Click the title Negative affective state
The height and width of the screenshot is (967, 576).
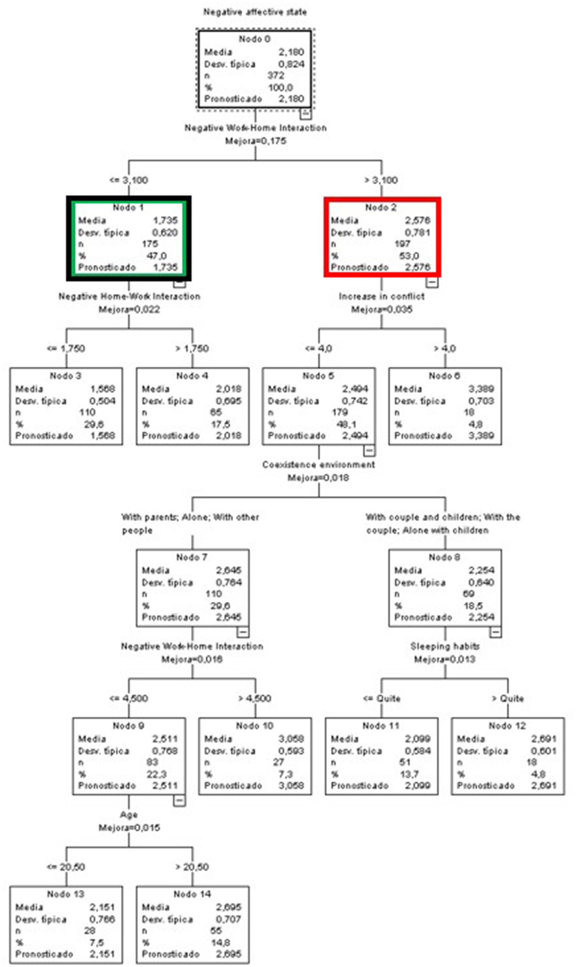[x=255, y=12]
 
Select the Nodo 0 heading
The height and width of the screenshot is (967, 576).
[x=254, y=39]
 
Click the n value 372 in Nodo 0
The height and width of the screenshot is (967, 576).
[x=276, y=75]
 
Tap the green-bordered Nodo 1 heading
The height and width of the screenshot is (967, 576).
[x=128, y=207]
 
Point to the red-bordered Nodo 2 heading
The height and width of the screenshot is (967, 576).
[x=381, y=207]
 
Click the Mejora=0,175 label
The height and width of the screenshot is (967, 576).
[x=256, y=141]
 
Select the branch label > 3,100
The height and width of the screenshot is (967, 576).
[x=381, y=180]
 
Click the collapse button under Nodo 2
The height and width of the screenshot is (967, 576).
[x=432, y=282]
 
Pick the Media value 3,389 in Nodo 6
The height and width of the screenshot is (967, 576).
[x=481, y=389]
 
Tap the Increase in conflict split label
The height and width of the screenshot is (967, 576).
[x=382, y=296]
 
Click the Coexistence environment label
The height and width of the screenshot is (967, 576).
[x=318, y=465]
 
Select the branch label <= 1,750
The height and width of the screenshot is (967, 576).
[x=65, y=348]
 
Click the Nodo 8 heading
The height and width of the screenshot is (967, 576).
[x=444, y=557]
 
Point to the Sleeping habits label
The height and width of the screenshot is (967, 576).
[x=445, y=646]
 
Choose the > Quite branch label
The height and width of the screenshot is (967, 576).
[x=507, y=698]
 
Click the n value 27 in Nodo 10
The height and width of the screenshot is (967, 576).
[x=278, y=762]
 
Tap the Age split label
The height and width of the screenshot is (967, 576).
[x=129, y=815]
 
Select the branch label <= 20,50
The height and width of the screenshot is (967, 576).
[x=65, y=867]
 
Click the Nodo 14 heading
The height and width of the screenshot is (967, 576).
[x=192, y=894]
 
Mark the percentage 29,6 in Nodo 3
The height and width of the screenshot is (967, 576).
[x=94, y=424]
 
